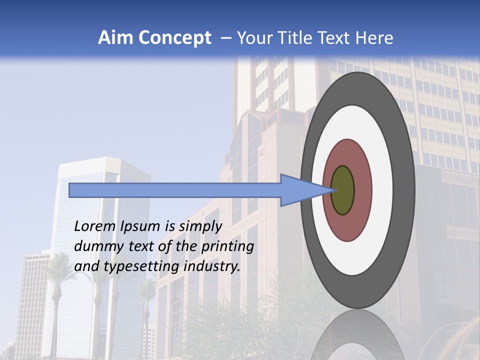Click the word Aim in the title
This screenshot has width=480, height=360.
pos(116,38)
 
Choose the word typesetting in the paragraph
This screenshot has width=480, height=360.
pos(140,267)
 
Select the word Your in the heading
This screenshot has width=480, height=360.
pos(254,38)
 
